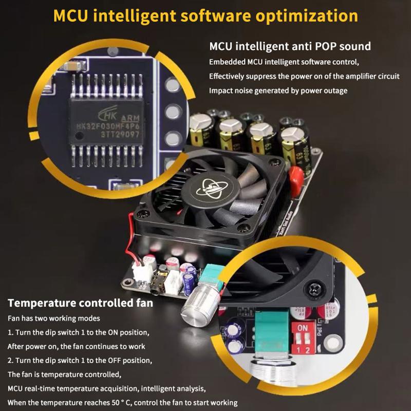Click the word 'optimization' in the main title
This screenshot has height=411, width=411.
307,16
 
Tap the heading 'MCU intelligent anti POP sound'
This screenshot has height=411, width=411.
290,46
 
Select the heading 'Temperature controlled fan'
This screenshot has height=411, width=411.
81,303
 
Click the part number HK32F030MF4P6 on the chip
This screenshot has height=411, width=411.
108,126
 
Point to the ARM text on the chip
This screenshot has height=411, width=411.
130,118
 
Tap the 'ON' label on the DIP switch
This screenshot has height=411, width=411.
303,328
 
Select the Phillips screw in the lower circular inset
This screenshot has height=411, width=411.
314,289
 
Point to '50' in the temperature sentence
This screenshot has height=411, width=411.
116,403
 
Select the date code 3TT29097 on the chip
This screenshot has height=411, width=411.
120,135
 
